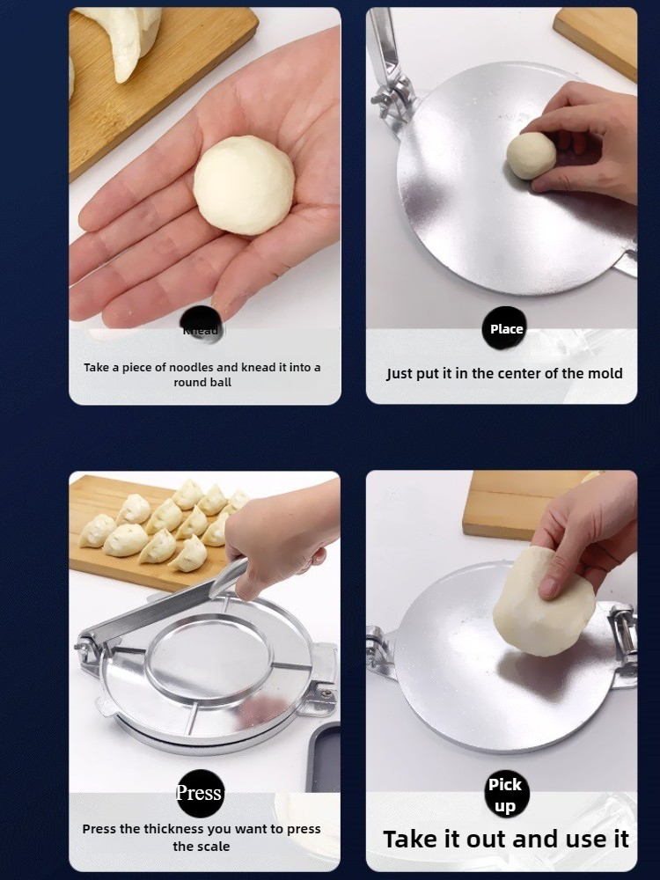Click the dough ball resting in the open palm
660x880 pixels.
tap(244, 185)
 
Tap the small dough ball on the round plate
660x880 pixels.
tap(531, 156)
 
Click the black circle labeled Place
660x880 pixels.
tap(506, 329)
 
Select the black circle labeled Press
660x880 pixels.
tap(200, 793)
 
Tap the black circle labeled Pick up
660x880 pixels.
tap(506, 794)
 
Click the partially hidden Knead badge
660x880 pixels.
tap(202, 328)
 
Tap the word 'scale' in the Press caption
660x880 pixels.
tap(213, 847)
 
